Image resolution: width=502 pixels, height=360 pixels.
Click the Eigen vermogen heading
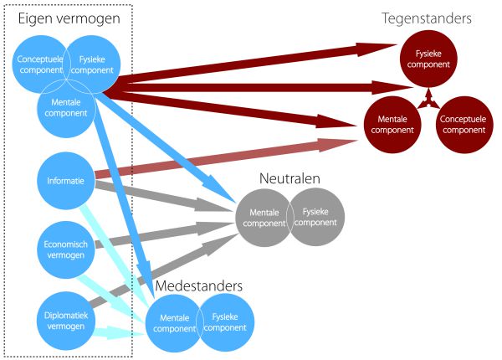[x=69, y=18]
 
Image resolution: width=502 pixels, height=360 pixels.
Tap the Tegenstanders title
[x=427, y=18]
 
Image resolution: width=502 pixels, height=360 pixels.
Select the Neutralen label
[x=289, y=178]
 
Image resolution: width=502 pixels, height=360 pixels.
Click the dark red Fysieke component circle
[x=428, y=59]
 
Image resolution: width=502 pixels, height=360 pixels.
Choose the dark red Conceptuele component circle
[x=463, y=126]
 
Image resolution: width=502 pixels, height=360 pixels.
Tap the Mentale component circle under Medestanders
[x=174, y=321]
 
